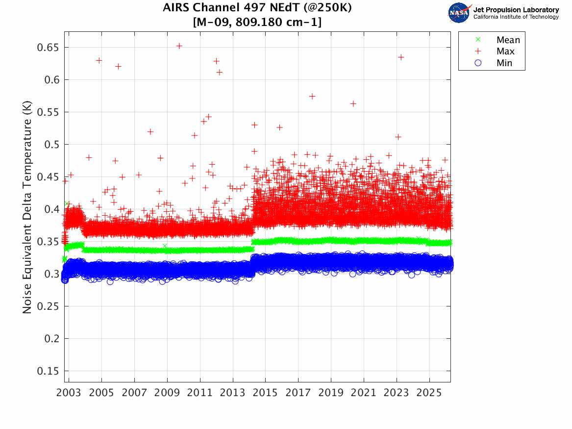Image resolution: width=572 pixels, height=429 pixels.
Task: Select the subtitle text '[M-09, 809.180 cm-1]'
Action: [257, 22]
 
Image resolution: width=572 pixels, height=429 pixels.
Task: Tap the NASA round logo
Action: [459, 13]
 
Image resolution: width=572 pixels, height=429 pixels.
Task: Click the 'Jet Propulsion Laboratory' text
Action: [516, 10]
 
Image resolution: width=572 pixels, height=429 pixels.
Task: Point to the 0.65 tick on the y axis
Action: [47, 48]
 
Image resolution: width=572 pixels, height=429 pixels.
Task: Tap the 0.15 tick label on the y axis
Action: [47, 371]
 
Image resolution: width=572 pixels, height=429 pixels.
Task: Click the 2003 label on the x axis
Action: [69, 394]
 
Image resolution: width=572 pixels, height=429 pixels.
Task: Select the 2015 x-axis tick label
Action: [265, 394]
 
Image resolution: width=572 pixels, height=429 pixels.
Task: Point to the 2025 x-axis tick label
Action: [429, 394]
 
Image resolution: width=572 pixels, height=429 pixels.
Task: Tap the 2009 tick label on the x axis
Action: [167, 394]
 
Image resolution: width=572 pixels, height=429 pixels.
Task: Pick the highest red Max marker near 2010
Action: [179, 46]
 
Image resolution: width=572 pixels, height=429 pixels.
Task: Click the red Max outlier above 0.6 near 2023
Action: [400, 57]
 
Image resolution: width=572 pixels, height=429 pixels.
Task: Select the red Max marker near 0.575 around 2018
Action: [312, 96]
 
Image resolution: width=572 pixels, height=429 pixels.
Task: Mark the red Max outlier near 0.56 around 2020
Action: [353, 103]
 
